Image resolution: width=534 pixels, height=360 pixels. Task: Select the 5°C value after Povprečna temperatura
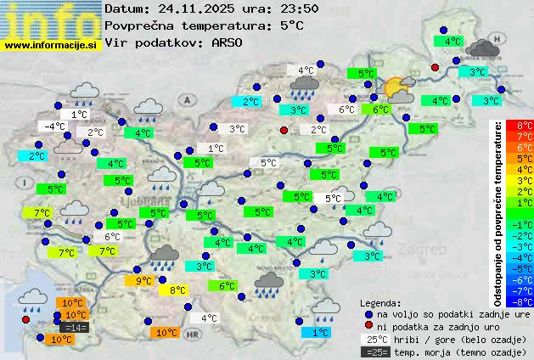[289, 25]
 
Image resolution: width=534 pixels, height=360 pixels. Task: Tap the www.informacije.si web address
[51, 44]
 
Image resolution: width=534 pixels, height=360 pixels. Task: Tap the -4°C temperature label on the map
[53, 127]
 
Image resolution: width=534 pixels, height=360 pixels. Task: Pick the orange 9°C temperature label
[142, 281]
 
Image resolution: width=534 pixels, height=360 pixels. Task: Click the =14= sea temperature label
[75, 328]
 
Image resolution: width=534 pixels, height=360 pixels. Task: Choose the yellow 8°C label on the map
[177, 290]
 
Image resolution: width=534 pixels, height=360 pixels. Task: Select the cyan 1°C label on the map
[319, 333]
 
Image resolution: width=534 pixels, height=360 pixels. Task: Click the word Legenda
[380, 302]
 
